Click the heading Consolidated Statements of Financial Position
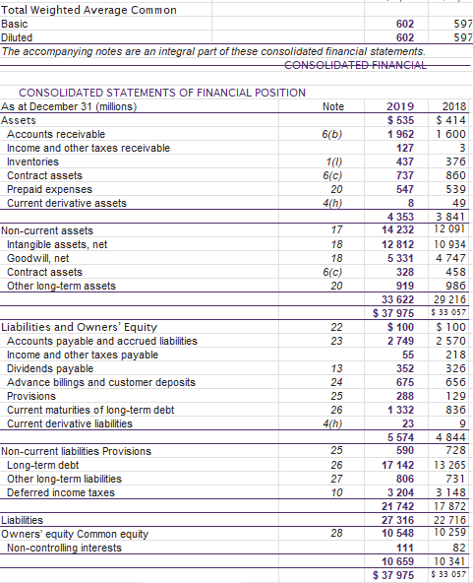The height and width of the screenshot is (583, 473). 162,92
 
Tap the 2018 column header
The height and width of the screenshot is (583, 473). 454,106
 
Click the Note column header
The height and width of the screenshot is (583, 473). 334,106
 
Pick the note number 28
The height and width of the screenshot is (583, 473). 336,534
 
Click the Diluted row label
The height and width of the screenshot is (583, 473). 17,37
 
